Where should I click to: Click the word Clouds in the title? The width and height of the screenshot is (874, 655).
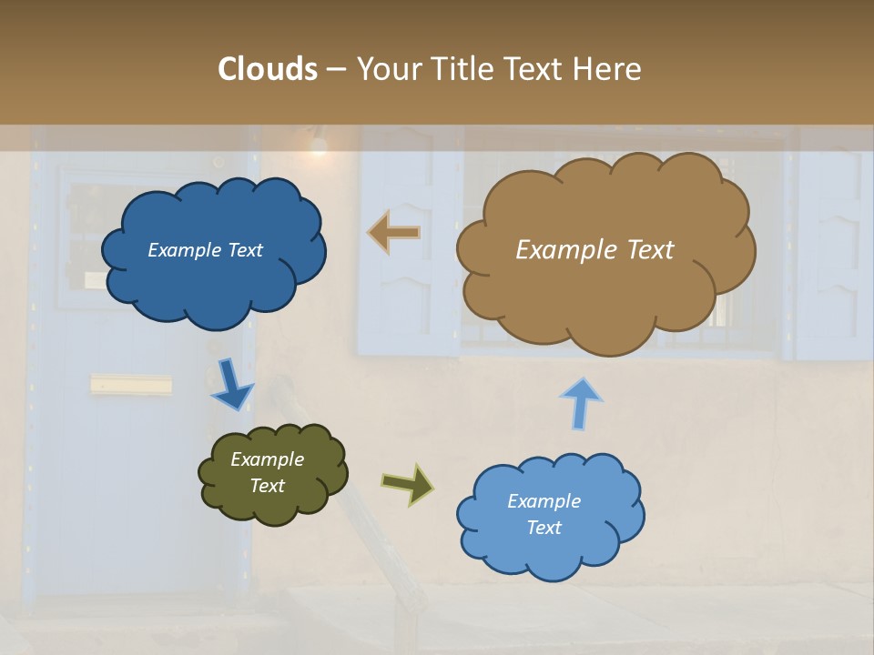coord(268,69)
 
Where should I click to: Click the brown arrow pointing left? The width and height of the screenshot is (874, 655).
coord(394,232)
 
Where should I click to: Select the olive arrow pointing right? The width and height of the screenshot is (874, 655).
coord(407,483)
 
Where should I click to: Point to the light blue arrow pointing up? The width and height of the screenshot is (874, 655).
coord(581,403)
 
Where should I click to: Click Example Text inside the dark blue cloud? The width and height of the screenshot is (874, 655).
coord(205,250)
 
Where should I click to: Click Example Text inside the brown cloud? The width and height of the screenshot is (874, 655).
coord(595,250)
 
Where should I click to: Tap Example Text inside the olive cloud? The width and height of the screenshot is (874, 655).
coord(268,473)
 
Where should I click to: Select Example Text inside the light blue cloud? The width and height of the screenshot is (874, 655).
coord(544,514)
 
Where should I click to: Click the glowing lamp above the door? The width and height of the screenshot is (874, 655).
coord(318,145)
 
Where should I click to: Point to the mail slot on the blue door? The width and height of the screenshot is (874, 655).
coord(131,386)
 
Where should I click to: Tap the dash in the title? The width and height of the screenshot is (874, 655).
coord(335,70)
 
